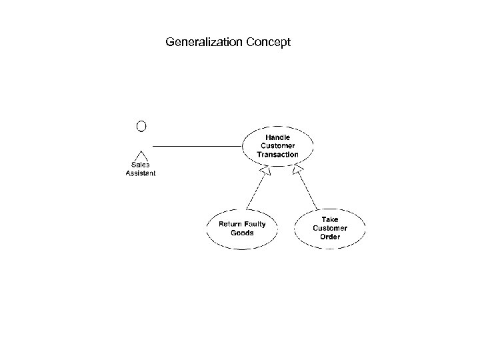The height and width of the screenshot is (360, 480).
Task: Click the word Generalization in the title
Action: tap(204, 43)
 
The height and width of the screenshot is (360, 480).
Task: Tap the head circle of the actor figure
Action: tap(141, 125)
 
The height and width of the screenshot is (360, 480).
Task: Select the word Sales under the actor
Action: tap(141, 165)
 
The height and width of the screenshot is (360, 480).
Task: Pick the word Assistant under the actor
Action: tap(141, 173)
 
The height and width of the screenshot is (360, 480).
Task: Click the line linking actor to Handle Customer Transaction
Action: tap(197, 145)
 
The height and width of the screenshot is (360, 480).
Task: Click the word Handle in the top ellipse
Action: tap(278, 137)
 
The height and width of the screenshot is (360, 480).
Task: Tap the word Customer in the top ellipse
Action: tap(278, 146)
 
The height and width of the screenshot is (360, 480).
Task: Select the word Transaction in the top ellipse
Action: tap(278, 155)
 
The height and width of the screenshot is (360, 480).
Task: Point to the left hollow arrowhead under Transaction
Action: tap(265, 173)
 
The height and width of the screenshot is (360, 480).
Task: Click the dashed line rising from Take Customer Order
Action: tap(309, 192)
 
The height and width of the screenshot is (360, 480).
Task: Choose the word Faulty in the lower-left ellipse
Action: tap(255, 225)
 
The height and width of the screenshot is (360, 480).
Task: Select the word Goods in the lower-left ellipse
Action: tap(242, 233)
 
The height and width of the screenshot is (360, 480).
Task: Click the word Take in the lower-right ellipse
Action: tap(330, 219)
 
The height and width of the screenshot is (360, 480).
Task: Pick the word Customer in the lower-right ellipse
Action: tap(330, 228)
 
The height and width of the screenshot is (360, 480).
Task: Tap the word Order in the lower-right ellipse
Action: tap(330, 237)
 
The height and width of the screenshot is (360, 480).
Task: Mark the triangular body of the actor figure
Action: tap(141, 153)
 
